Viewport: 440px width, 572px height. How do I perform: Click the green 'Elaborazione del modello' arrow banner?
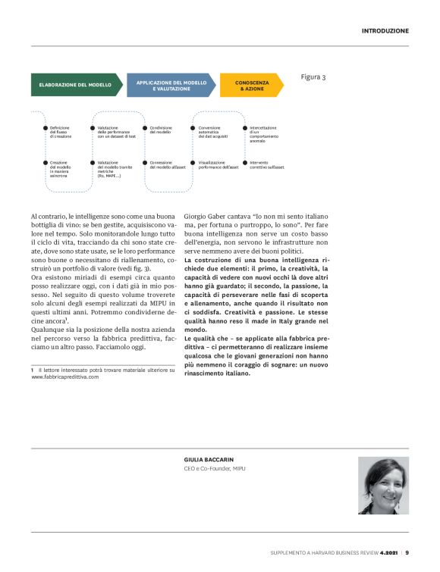(x=74, y=85)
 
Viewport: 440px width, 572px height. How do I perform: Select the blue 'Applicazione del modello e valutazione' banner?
(x=171, y=85)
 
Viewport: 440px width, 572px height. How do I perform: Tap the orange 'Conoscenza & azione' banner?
(x=250, y=85)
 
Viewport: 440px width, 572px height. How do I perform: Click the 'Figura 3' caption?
(x=313, y=77)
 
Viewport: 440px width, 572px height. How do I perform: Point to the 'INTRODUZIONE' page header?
(x=385, y=31)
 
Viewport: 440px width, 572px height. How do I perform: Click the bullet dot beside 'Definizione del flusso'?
(x=45, y=128)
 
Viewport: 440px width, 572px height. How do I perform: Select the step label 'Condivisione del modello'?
(x=161, y=130)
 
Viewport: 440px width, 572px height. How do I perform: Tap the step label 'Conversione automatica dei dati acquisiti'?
(x=212, y=132)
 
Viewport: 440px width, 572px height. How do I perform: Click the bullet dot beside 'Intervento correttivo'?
(x=245, y=162)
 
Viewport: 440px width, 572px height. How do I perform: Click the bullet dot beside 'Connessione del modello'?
(x=144, y=162)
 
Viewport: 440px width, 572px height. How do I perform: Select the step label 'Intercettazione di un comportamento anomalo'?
(x=264, y=133)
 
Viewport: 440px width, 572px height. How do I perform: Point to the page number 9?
(x=407, y=553)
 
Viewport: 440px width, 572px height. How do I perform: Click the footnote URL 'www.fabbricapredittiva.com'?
(x=65, y=377)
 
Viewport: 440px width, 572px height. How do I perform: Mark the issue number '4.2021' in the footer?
(x=389, y=553)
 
